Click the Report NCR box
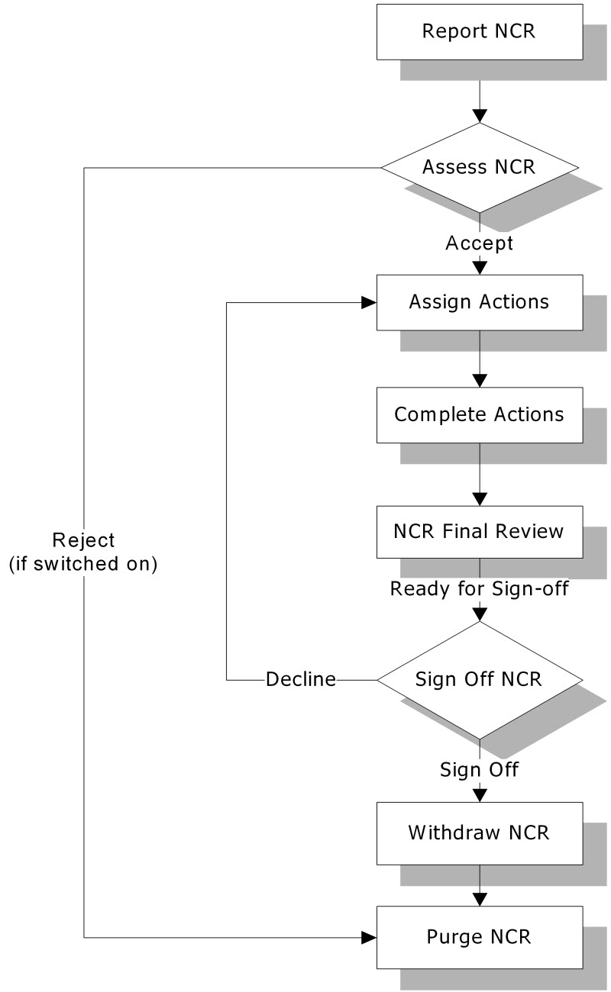(480, 32)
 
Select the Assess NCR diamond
(480, 167)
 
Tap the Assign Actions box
(480, 302)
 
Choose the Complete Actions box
(480, 415)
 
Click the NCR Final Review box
(480, 532)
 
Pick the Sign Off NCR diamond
(480, 680)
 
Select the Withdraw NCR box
(480, 833)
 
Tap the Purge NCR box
(480, 938)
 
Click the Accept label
(480, 243)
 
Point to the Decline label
(301, 679)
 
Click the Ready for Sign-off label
(480, 589)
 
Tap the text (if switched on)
(83, 564)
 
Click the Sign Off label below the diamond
(480, 770)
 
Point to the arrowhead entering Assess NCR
(480, 115)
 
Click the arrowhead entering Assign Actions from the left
(370, 303)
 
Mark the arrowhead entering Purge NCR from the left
(370, 938)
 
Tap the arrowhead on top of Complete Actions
(480, 381)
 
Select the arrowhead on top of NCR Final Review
(480, 500)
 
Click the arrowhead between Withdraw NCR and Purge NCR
(480, 900)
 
